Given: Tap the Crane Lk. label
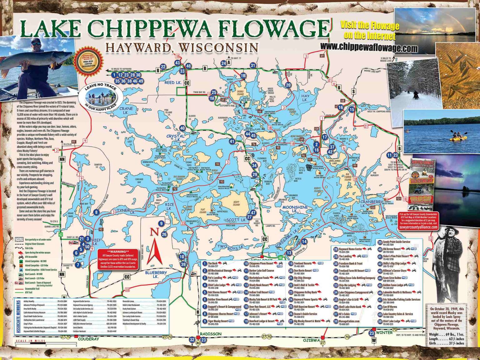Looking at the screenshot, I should click(x=126, y=110).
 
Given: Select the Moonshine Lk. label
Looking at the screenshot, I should click(x=295, y=209).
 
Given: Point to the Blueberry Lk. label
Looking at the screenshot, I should click(x=156, y=274).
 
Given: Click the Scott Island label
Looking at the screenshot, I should click(x=236, y=203).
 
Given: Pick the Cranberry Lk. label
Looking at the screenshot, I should click(x=371, y=204).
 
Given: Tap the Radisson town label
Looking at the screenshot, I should click(x=211, y=334).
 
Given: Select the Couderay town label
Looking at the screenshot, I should click(x=88, y=339).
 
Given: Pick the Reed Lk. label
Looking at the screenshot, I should click(x=173, y=82).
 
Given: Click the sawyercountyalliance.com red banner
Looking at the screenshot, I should click(x=418, y=227).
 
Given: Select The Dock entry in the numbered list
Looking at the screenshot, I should click(x=213, y=264).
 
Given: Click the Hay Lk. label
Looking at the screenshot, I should click(x=305, y=98).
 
